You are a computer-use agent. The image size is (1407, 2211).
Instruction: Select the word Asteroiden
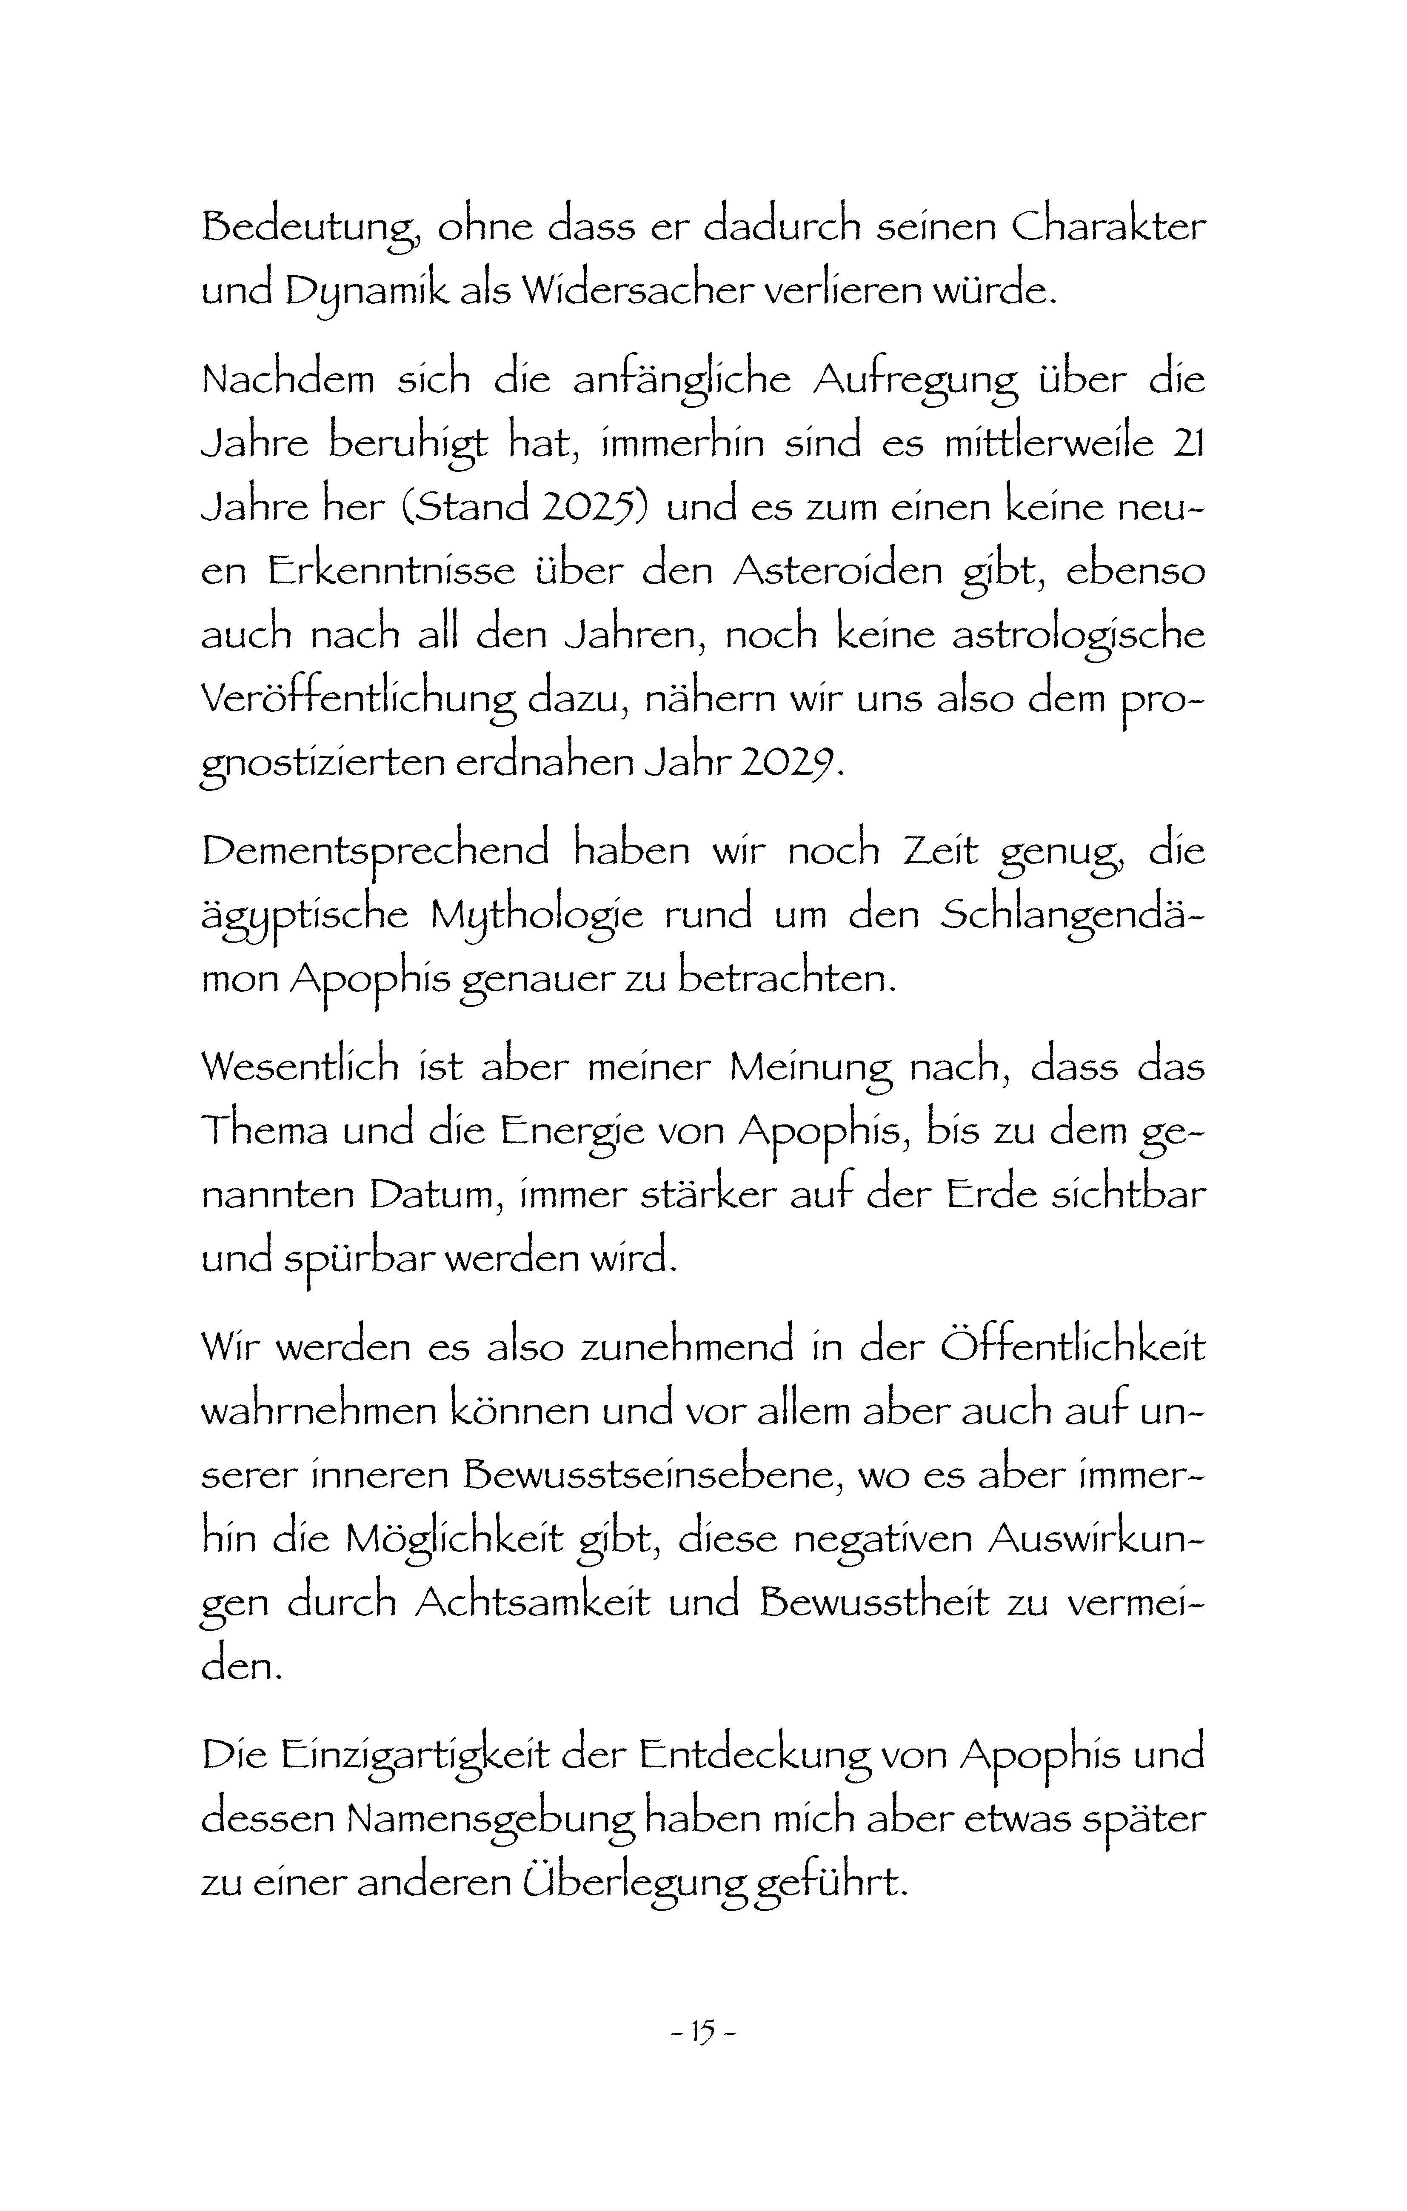(838, 571)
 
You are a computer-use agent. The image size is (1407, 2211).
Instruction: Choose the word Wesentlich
(300, 1066)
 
